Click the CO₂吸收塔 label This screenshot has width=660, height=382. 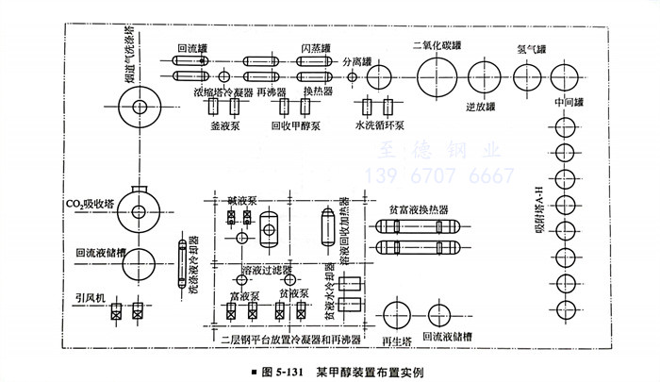(x=89, y=202)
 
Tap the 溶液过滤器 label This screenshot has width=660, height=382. (x=267, y=270)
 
